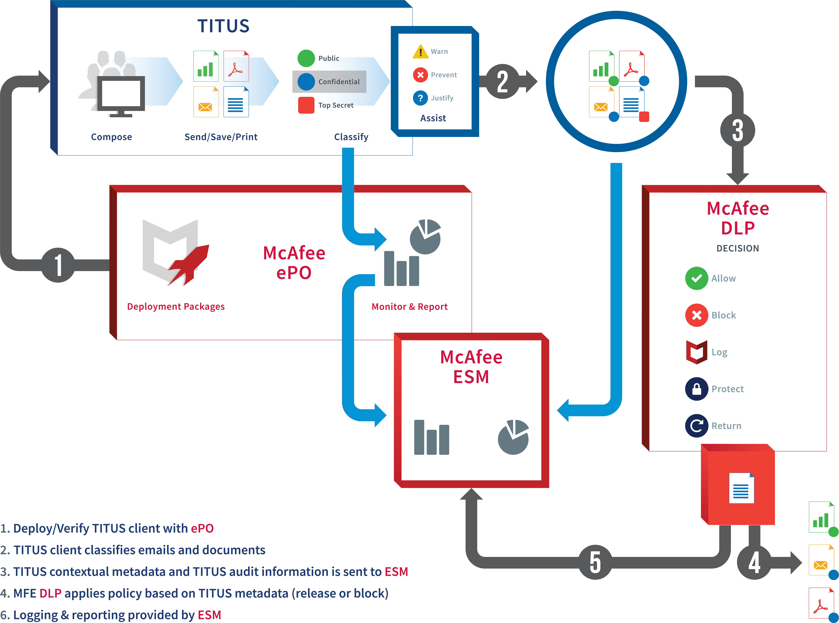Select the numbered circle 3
tap(737, 130)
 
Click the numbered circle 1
tap(58, 265)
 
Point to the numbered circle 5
tap(595, 562)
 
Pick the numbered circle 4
tap(754, 562)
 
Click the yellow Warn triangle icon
tap(420, 52)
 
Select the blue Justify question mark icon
tap(420, 98)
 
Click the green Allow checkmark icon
tap(696, 278)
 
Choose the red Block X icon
tap(696, 315)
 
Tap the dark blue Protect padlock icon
tap(696, 389)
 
